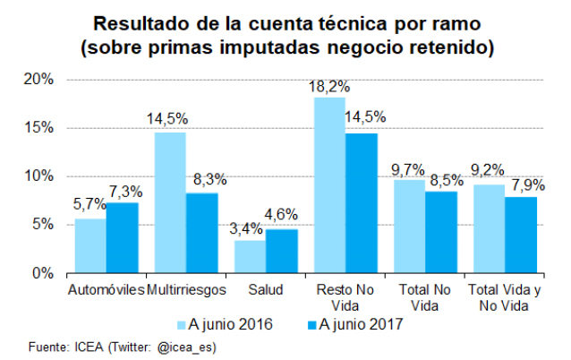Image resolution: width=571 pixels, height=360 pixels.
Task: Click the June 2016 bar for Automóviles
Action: tap(90, 245)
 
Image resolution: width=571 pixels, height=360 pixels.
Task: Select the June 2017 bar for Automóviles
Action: tap(122, 238)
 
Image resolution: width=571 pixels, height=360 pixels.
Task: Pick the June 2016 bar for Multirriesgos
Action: tap(170, 202)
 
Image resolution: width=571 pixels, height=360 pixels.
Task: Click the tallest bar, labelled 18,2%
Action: tap(329, 184)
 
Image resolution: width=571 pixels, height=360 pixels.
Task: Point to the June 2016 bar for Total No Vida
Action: tap(409, 226)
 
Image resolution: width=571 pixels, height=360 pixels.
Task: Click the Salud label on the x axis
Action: tap(266, 291)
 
